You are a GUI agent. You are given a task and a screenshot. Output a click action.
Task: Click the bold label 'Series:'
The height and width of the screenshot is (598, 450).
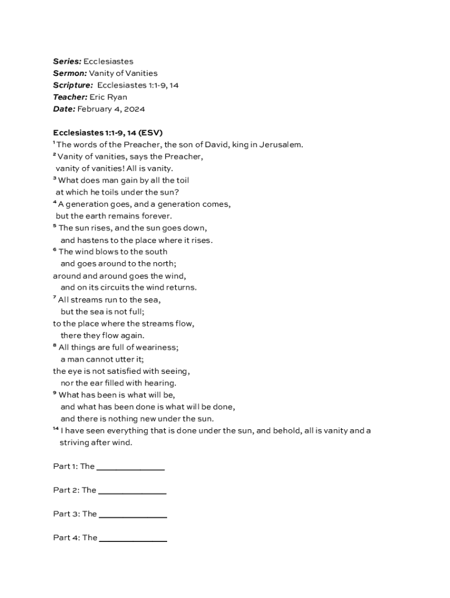[67, 61]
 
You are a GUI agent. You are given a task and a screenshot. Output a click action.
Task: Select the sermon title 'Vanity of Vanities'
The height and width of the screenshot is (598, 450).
[123, 74]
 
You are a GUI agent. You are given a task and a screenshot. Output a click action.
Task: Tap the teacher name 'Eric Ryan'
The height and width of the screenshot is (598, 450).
[108, 97]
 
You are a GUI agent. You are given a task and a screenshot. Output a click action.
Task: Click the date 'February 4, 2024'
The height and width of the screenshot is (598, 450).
[111, 109]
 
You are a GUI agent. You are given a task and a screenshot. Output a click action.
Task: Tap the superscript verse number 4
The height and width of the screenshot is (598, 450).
[54, 202]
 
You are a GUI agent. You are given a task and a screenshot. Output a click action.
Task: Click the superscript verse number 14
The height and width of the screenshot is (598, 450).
[56, 429]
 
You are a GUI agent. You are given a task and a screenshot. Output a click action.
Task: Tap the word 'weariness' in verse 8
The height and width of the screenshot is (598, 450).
[157, 347]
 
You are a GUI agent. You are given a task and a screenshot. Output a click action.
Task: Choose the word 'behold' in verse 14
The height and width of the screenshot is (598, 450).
[269, 431]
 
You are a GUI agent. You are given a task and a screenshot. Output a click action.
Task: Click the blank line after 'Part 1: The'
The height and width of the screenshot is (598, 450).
[130, 468]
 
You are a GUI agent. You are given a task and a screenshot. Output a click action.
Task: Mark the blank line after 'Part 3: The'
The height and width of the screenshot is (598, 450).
[133, 516]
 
